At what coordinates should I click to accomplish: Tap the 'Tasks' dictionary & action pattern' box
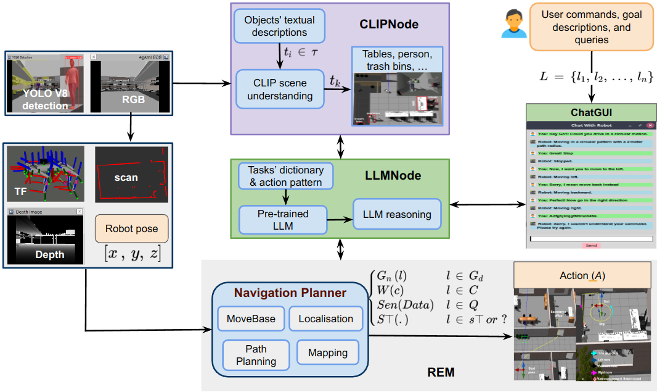(285, 175)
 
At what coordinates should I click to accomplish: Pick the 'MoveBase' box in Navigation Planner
(251, 319)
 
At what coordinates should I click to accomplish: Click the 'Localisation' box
(325, 319)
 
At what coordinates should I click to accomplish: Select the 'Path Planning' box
(256, 355)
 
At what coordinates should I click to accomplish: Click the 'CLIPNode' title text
(388, 25)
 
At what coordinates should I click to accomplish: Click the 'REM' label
(441, 372)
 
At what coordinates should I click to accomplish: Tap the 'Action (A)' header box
(582, 275)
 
